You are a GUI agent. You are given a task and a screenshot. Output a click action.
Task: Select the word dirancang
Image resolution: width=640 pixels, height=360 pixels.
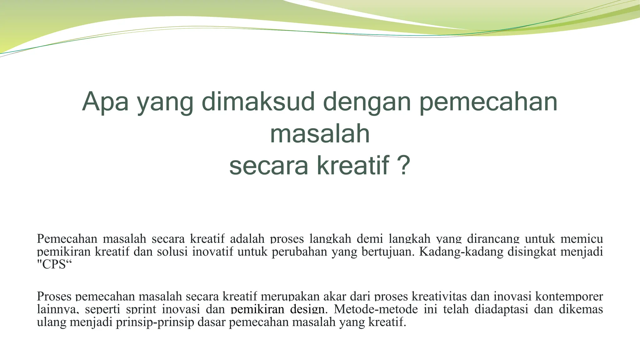pyautogui.click(x=493, y=239)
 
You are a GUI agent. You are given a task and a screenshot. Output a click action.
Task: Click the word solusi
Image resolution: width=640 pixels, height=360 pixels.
pyautogui.click(x=172, y=252)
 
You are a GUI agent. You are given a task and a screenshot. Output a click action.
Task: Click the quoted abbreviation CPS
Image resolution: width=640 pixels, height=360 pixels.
pyautogui.click(x=54, y=265)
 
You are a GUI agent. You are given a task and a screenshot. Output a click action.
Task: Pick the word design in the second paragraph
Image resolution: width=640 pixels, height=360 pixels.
pyautogui.click(x=307, y=309)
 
